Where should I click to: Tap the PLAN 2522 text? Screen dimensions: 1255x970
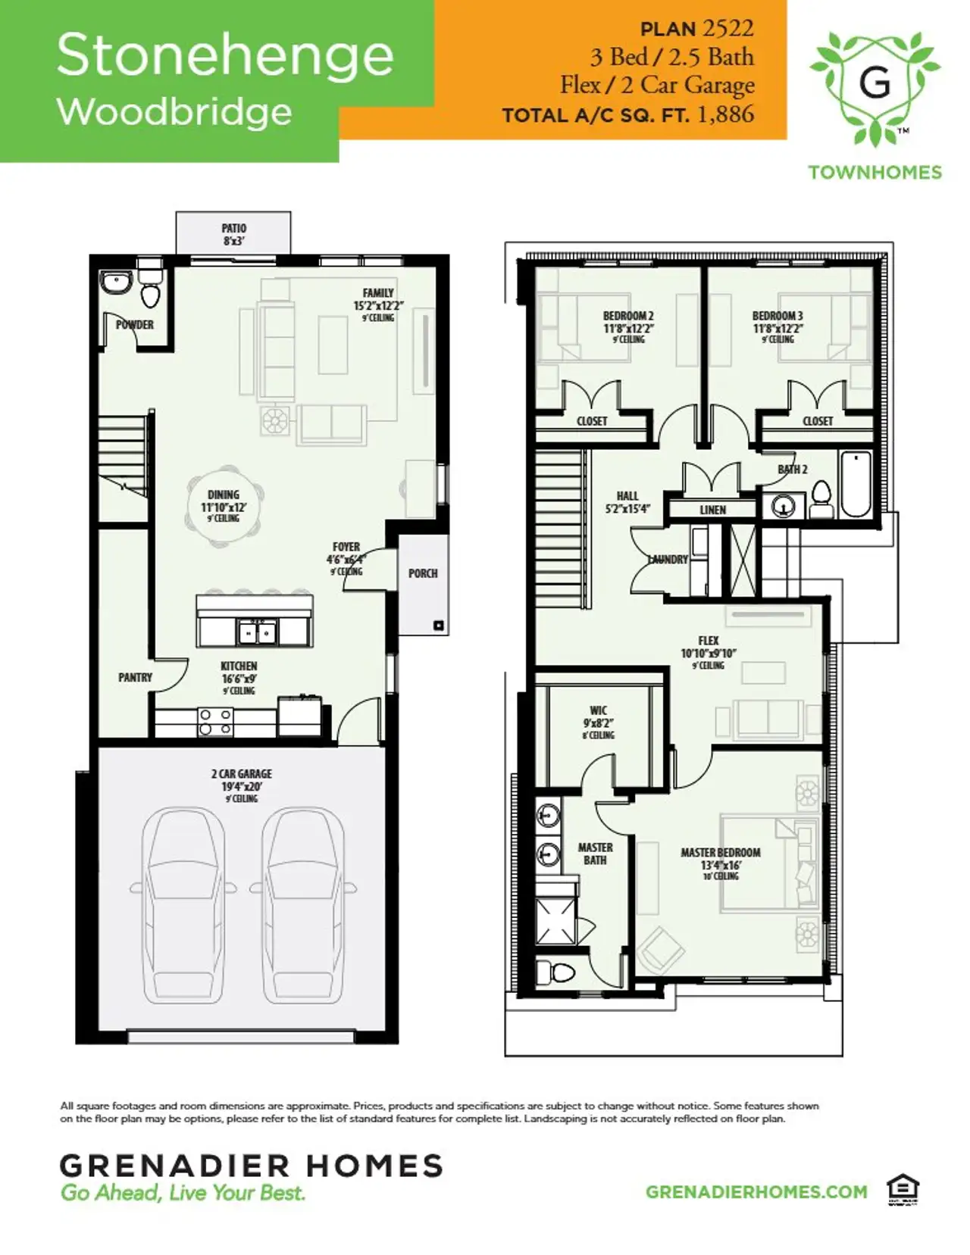696,29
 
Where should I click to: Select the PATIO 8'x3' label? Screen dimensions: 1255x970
233,234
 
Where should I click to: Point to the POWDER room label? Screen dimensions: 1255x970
135,325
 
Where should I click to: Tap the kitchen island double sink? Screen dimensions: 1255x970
258,631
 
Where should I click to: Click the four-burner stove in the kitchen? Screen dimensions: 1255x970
215,722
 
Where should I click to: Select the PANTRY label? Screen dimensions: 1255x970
135,677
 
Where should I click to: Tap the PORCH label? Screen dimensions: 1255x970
423,573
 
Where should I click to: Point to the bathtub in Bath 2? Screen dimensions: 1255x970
856,484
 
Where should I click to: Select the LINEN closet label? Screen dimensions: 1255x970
712,510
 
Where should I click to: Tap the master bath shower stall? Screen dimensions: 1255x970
555,921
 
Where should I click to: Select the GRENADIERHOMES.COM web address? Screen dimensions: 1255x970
756,1191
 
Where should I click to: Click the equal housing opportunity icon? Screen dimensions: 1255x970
903,1190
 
